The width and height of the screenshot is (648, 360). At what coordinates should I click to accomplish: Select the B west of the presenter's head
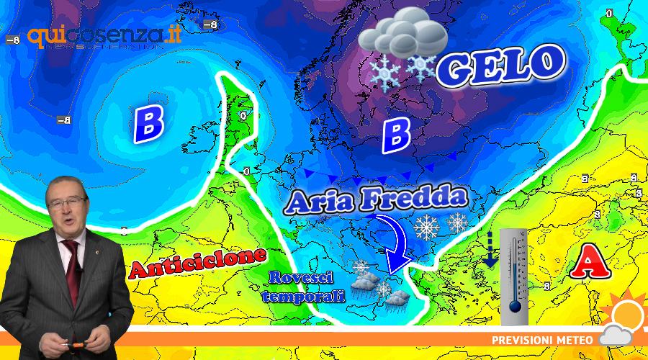(148, 122)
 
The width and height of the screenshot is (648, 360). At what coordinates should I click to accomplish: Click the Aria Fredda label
(375, 200)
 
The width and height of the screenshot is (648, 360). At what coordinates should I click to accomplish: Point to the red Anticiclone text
(198, 262)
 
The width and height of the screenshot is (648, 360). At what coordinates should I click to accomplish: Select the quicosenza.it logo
(104, 35)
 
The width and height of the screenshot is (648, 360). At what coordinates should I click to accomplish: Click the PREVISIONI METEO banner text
(542, 339)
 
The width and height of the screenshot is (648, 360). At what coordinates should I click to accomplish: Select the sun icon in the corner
(626, 313)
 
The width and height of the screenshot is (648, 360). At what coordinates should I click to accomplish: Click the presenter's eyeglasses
(67, 203)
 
